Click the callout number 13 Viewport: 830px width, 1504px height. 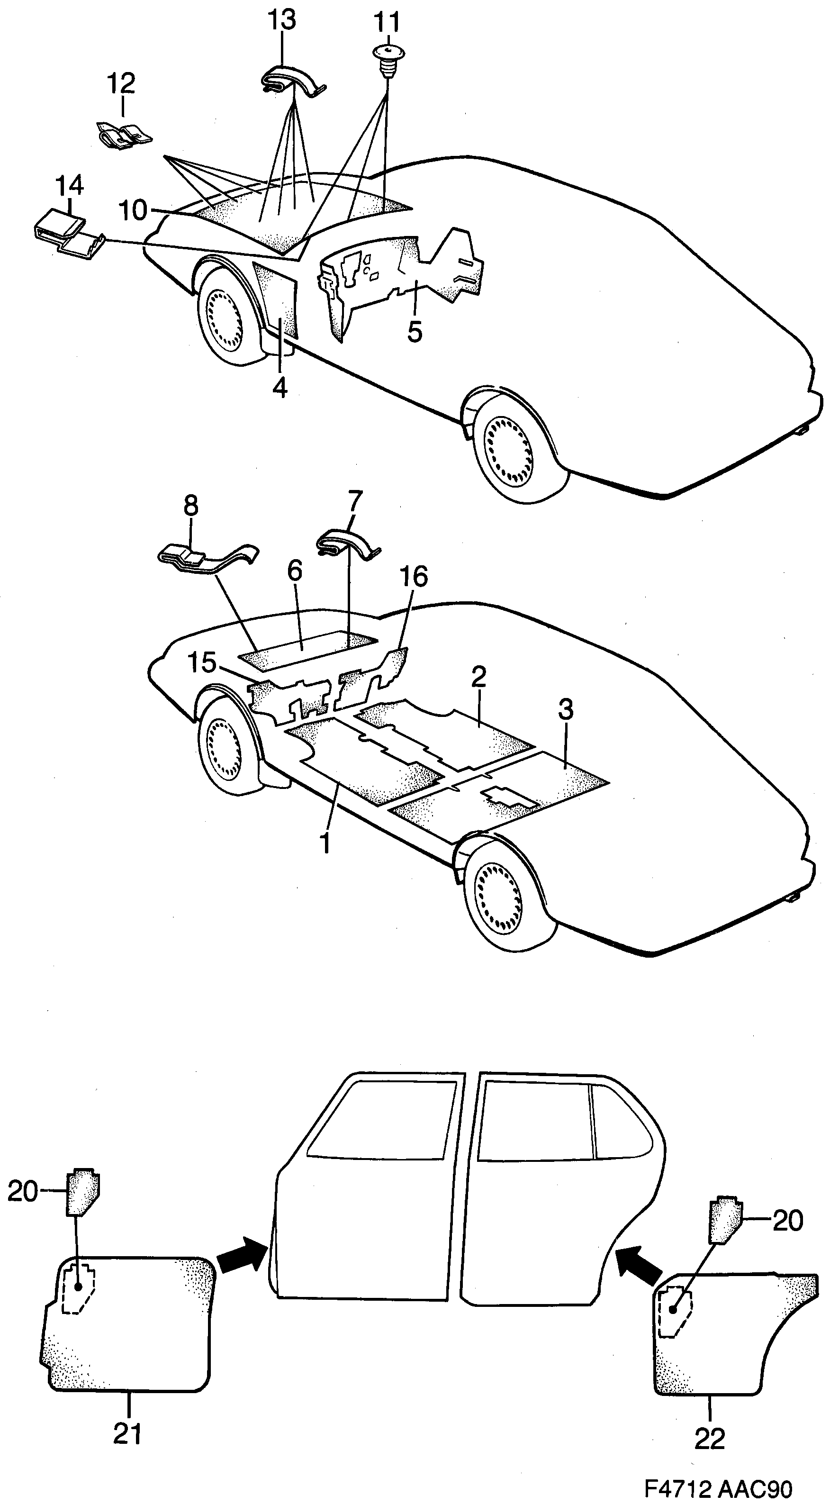click(x=282, y=21)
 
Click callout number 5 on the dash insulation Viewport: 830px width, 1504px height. click(x=415, y=332)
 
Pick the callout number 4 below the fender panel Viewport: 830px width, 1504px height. click(x=280, y=387)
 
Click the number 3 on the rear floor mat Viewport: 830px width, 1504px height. click(x=565, y=709)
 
